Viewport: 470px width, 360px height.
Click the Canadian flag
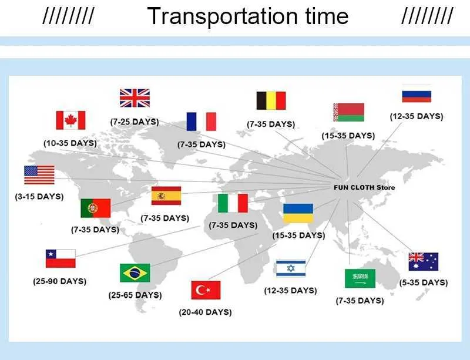click(x=70, y=120)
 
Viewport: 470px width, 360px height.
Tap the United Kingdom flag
click(x=135, y=98)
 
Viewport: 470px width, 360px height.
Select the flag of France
click(x=201, y=122)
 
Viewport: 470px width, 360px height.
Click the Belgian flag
click(x=271, y=100)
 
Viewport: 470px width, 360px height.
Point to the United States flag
click(x=39, y=175)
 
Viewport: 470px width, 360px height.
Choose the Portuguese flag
click(x=96, y=208)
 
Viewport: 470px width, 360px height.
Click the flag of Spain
click(x=166, y=196)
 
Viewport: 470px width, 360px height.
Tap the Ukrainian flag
click(x=298, y=213)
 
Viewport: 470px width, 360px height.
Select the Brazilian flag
click(x=135, y=272)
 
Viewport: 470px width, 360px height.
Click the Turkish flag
click(x=206, y=290)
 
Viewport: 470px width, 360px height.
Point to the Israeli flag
click(x=291, y=268)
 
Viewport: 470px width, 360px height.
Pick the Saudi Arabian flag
click(x=360, y=278)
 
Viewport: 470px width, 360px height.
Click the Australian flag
click(x=423, y=262)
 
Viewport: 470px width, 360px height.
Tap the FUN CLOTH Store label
click(x=364, y=188)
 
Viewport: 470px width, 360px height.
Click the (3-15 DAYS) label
click(x=39, y=197)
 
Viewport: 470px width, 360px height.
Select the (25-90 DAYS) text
click(x=60, y=281)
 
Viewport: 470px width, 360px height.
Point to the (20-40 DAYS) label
click(x=205, y=312)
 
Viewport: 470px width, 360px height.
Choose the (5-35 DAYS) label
click(x=424, y=282)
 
